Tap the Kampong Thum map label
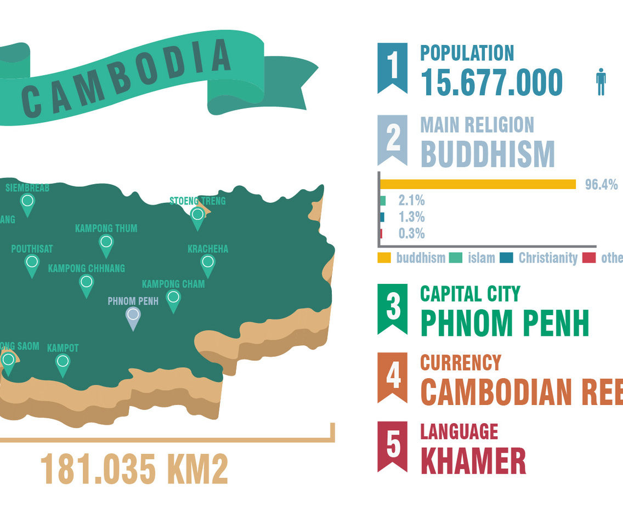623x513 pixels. pos(106,228)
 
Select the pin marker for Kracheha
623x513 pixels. pos(207,264)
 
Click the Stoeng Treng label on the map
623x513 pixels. pos(197,201)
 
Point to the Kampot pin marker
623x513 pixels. pos(63,363)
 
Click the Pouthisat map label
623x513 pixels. pos(32,249)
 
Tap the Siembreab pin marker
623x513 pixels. pos(27,203)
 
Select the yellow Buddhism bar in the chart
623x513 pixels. pos(478,184)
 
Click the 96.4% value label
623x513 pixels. pos(601,184)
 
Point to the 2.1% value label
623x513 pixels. pos(411,201)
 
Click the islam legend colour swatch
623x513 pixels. pos(455,258)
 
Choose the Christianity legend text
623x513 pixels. pos(548,258)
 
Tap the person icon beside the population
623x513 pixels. pos(601,82)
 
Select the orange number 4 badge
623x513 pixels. pos(392,375)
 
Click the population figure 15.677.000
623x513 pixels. pos(491,83)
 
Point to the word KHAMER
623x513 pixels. pos(473,461)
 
